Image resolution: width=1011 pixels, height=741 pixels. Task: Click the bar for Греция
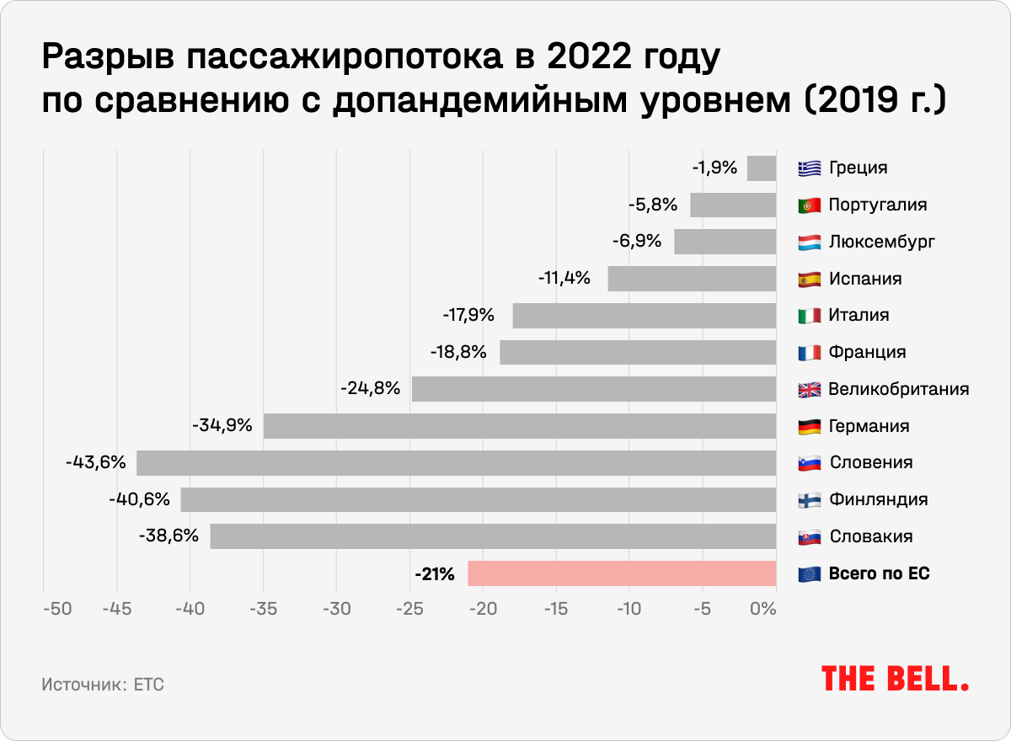pos(762,168)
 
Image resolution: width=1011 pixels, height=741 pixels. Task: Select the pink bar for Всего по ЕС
pos(622,573)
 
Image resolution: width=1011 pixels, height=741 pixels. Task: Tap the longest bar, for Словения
pos(456,463)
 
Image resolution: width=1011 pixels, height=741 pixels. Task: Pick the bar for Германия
pos(519,426)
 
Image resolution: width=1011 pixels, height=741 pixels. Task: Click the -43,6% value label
pos(95,462)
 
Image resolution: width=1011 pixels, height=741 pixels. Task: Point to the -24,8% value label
pos(370,389)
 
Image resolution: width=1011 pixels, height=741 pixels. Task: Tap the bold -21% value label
pos(435,574)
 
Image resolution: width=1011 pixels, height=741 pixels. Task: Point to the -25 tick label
pos(409,609)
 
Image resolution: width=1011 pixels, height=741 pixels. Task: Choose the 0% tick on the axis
pos(762,609)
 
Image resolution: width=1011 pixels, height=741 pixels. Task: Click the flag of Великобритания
pos(809,390)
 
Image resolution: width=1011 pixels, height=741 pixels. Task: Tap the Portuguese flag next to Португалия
pos(809,205)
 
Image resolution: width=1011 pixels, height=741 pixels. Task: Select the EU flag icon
pos(809,574)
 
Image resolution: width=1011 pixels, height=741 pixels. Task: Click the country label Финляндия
pos(879,499)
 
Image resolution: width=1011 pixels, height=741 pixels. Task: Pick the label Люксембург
pos(881,243)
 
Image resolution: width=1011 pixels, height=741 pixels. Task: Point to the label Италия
pos(859,316)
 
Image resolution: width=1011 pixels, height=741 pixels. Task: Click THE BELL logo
pos(895,679)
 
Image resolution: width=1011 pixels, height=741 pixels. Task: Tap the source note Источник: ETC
pos(103,685)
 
